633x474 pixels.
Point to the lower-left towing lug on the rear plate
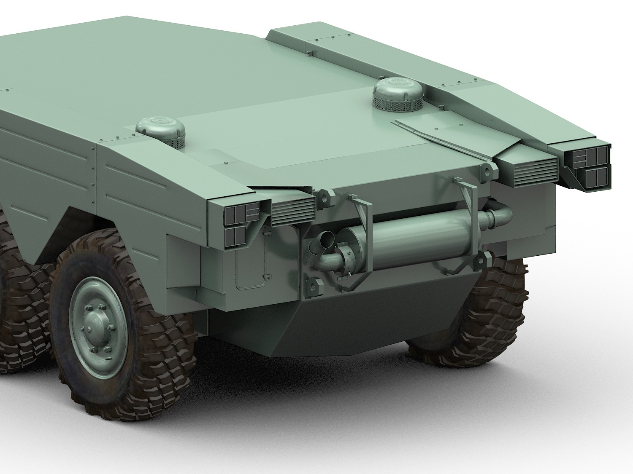311,285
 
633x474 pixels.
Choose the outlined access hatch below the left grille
251,261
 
